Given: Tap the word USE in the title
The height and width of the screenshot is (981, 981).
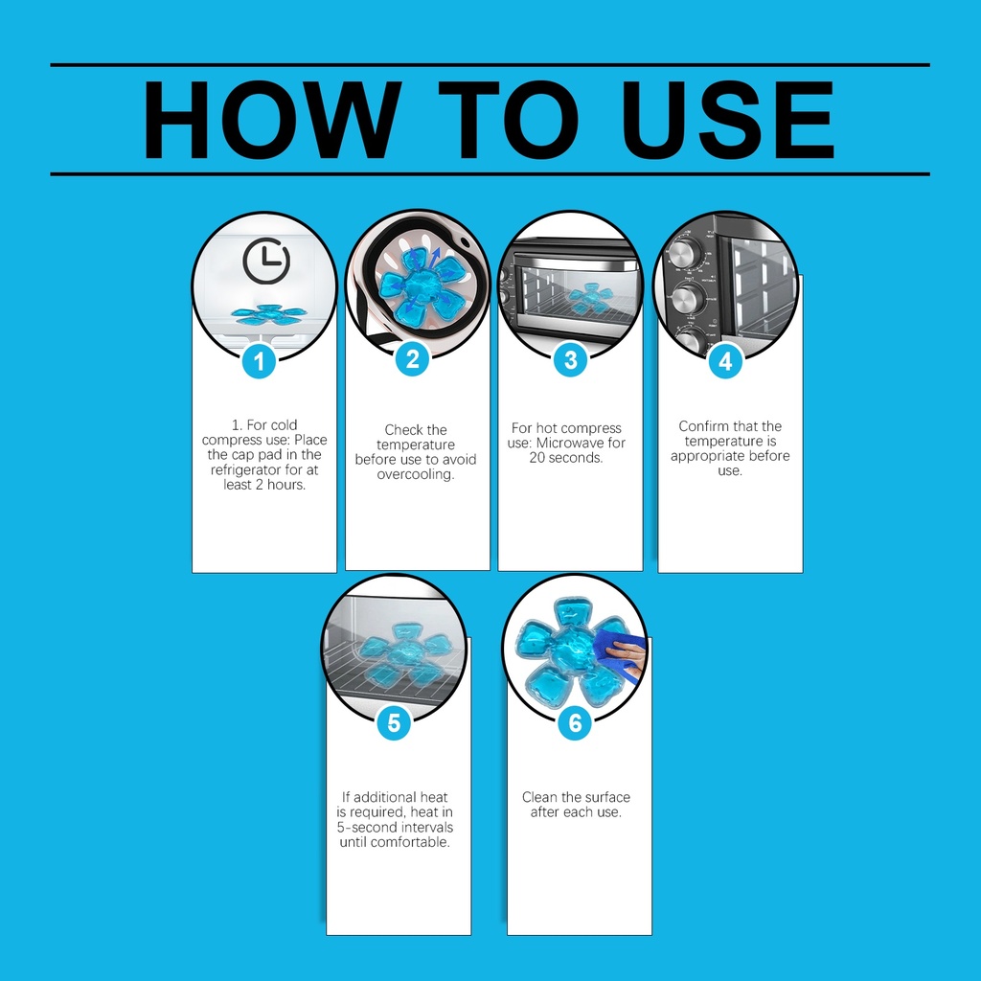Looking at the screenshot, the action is tap(727, 120).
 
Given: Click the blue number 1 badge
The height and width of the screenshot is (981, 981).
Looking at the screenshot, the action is tap(259, 361).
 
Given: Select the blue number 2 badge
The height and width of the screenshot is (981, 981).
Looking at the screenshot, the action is tap(412, 360).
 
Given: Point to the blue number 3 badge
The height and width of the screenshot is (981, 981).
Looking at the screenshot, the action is tap(571, 360).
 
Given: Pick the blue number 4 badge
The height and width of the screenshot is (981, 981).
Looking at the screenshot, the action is tap(725, 361).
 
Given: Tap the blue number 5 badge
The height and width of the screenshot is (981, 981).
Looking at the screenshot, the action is tap(394, 723).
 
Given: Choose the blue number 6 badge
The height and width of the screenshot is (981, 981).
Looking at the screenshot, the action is tap(575, 723).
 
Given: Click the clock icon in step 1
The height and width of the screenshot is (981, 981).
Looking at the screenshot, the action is tap(266, 261).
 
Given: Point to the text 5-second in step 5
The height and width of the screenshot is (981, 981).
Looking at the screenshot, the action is tap(365, 827).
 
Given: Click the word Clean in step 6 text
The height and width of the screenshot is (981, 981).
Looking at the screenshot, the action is tap(538, 797).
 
